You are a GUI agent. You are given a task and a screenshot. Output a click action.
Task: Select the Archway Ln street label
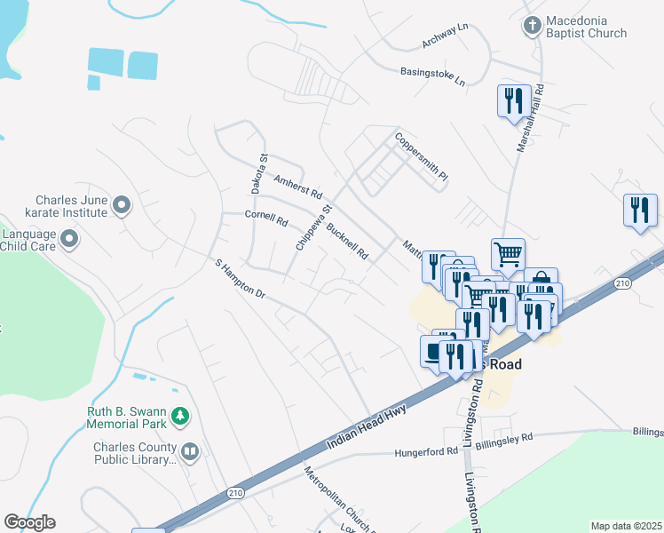click(x=445, y=35)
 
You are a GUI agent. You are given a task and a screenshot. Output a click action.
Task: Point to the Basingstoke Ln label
click(x=432, y=76)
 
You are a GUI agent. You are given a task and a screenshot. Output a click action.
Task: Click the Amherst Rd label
click(x=297, y=186)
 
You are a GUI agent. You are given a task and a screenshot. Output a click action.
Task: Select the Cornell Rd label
click(x=266, y=219)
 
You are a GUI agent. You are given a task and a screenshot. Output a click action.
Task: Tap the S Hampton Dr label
click(x=241, y=278)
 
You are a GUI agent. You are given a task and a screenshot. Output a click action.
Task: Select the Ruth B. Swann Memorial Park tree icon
click(x=181, y=416)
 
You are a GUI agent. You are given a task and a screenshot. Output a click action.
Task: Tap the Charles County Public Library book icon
click(x=190, y=453)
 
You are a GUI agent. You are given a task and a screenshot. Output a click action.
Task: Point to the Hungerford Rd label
click(x=426, y=451)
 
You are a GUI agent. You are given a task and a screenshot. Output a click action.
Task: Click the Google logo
click(x=29, y=522)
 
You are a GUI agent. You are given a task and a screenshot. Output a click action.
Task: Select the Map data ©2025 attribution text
click(x=627, y=526)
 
